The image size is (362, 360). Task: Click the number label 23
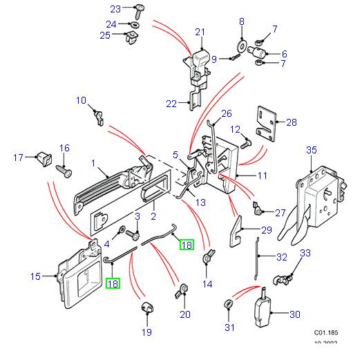(115, 8)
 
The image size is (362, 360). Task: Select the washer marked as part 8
(242, 46)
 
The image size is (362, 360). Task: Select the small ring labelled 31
(229, 305)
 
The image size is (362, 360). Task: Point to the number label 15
(36, 276)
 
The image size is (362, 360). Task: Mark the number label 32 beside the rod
(281, 258)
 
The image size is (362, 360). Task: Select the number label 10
(81, 100)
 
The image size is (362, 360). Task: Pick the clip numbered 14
(207, 258)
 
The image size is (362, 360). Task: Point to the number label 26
(227, 113)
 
